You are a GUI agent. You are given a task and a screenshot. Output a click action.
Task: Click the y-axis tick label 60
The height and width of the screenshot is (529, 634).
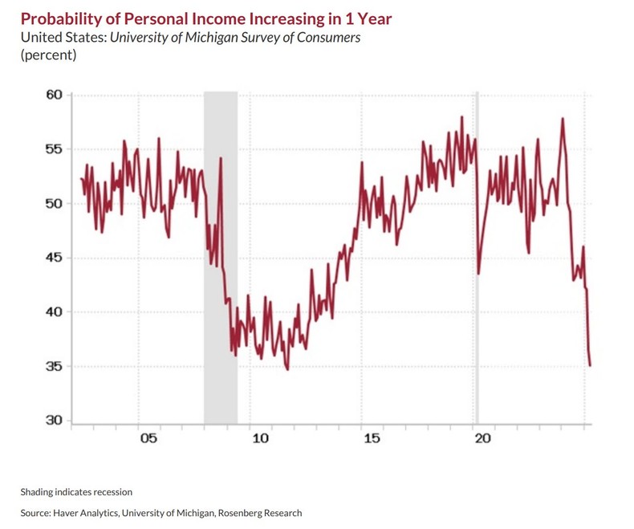(x=54, y=95)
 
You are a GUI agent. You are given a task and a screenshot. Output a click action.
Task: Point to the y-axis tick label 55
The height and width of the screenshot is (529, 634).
(x=54, y=149)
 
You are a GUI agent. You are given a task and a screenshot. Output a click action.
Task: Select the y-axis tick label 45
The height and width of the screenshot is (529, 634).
(x=54, y=258)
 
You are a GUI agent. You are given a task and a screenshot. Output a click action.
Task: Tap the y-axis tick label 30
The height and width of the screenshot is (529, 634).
(x=54, y=421)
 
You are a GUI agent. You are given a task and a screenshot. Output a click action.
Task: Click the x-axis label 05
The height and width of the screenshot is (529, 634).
(x=148, y=439)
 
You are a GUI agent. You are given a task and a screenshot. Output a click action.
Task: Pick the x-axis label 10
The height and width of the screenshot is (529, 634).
(x=259, y=439)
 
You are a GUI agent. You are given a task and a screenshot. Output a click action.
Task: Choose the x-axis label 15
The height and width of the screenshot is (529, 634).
(x=371, y=439)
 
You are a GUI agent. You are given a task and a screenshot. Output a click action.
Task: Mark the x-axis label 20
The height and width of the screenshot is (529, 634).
(x=482, y=439)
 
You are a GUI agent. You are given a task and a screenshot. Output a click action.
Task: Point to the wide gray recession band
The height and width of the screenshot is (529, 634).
(x=220, y=241)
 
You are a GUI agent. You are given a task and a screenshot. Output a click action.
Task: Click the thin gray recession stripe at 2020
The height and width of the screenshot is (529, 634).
(x=477, y=241)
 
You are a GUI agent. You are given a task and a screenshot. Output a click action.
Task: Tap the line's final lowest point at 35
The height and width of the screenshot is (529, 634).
(x=591, y=366)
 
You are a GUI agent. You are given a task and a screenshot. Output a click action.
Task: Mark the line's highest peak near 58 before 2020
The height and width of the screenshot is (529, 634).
(x=461, y=117)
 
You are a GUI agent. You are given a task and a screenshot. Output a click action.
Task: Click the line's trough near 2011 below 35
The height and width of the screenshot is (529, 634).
(x=287, y=369)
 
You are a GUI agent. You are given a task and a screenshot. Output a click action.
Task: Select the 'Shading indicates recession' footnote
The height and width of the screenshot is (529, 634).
(x=76, y=492)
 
